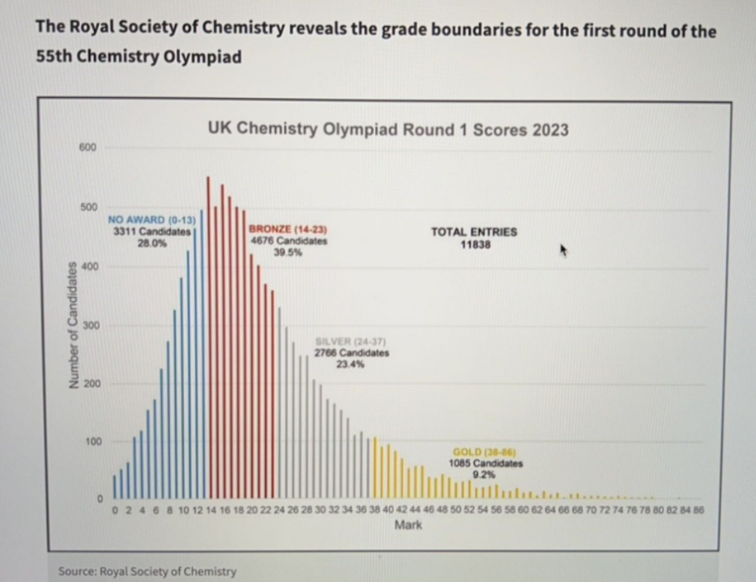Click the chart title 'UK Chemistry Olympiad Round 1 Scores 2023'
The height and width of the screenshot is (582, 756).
(388, 130)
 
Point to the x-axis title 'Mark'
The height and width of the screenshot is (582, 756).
(408, 525)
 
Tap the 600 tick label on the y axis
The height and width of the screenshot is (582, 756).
(88, 147)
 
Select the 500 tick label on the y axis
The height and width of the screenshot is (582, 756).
(88, 207)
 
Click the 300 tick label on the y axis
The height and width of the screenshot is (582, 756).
(88, 325)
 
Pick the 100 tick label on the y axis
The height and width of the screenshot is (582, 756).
(88, 441)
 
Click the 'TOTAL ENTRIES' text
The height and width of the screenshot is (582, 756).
(474, 232)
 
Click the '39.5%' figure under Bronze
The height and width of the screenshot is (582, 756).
(288, 252)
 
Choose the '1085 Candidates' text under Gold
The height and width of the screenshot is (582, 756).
(486, 462)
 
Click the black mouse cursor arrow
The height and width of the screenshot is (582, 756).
(565, 251)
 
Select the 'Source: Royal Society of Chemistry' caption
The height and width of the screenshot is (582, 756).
(147, 571)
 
